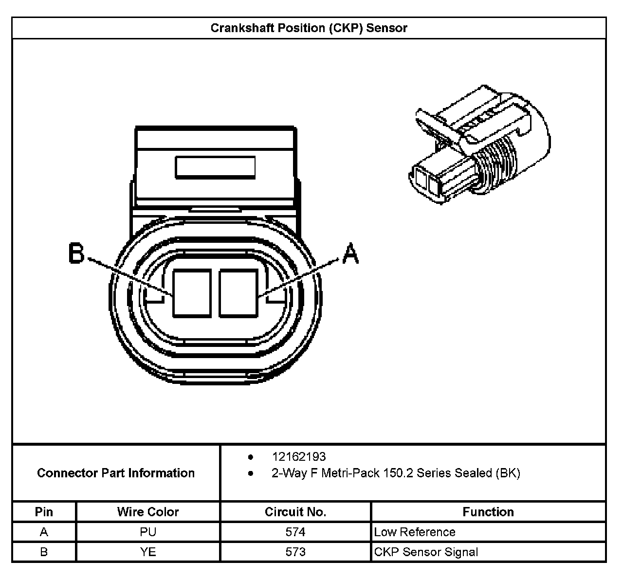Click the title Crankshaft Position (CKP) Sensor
point(309,28)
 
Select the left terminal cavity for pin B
point(192,294)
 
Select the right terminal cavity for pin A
point(238,294)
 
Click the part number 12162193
point(299,457)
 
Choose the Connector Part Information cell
point(116,473)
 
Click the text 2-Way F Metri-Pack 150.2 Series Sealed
point(395,473)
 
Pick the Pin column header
point(44,512)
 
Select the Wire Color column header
point(148,512)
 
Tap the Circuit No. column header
point(295,512)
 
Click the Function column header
point(488,512)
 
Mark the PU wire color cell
point(148,532)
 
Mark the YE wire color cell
point(148,552)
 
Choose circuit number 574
point(295,532)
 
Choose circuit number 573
point(295,552)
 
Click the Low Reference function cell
point(415,532)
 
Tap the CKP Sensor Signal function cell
point(426,552)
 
